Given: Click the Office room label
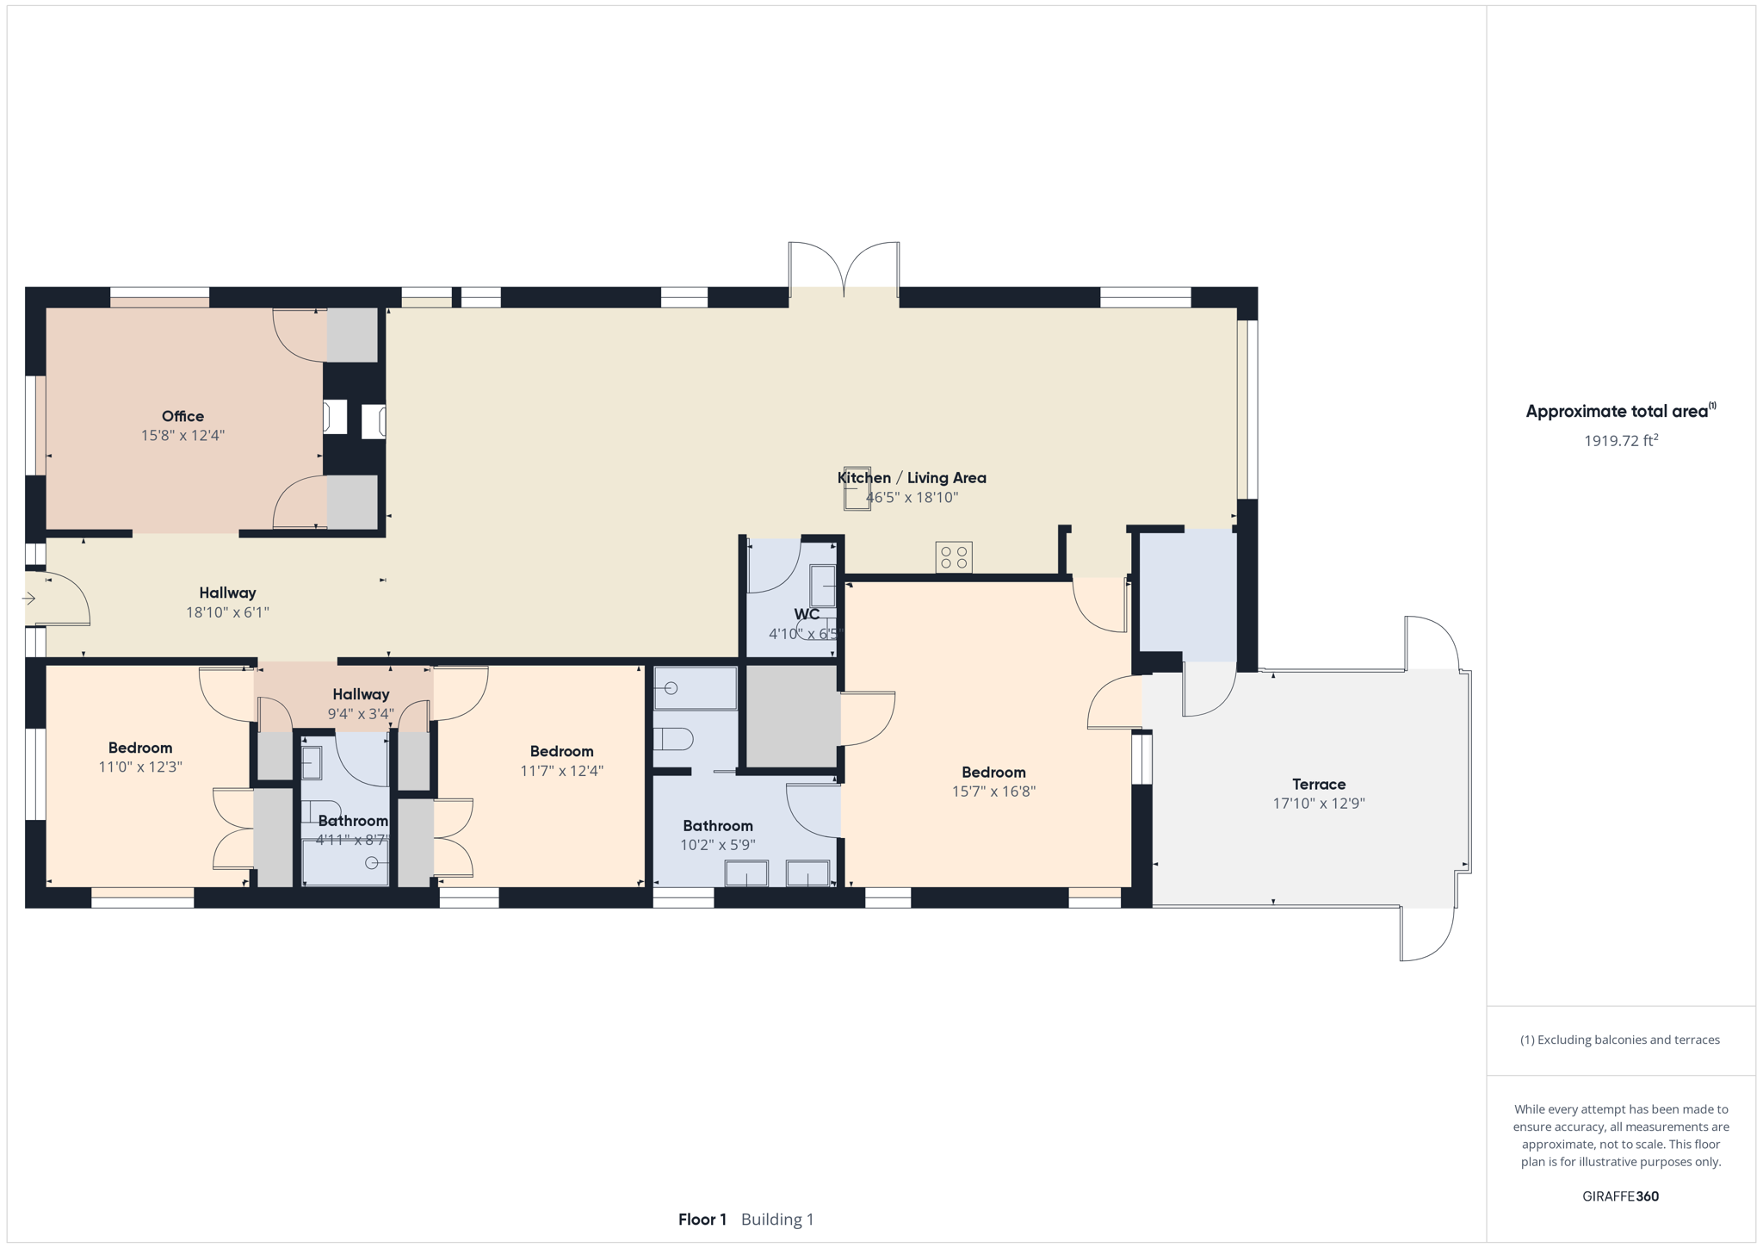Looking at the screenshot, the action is coord(182,416).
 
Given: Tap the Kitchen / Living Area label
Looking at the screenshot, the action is coord(912,477).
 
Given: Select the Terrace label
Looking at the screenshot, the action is coord(1319,784).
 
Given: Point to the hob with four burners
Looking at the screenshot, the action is coord(954,556).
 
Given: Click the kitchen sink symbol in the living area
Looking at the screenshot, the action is coord(857,488).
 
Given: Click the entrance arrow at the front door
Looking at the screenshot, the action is coord(29,598).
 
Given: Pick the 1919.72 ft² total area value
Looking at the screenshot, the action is coord(1621,441).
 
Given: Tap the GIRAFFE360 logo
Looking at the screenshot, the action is coord(1620,1196).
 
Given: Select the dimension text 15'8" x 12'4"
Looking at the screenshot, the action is coord(182,436).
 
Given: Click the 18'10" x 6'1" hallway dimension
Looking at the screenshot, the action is coord(227,612).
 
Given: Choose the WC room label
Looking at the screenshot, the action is coord(807,614).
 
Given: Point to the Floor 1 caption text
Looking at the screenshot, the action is coord(702,1220).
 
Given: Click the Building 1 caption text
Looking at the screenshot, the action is coord(777,1220).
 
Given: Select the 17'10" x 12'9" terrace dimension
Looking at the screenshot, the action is coord(1319,804).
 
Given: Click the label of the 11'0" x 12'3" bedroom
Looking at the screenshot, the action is coord(140,748).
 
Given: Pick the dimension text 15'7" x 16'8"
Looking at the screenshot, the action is coord(993,792).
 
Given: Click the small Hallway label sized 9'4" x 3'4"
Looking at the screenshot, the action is coord(361,694).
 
